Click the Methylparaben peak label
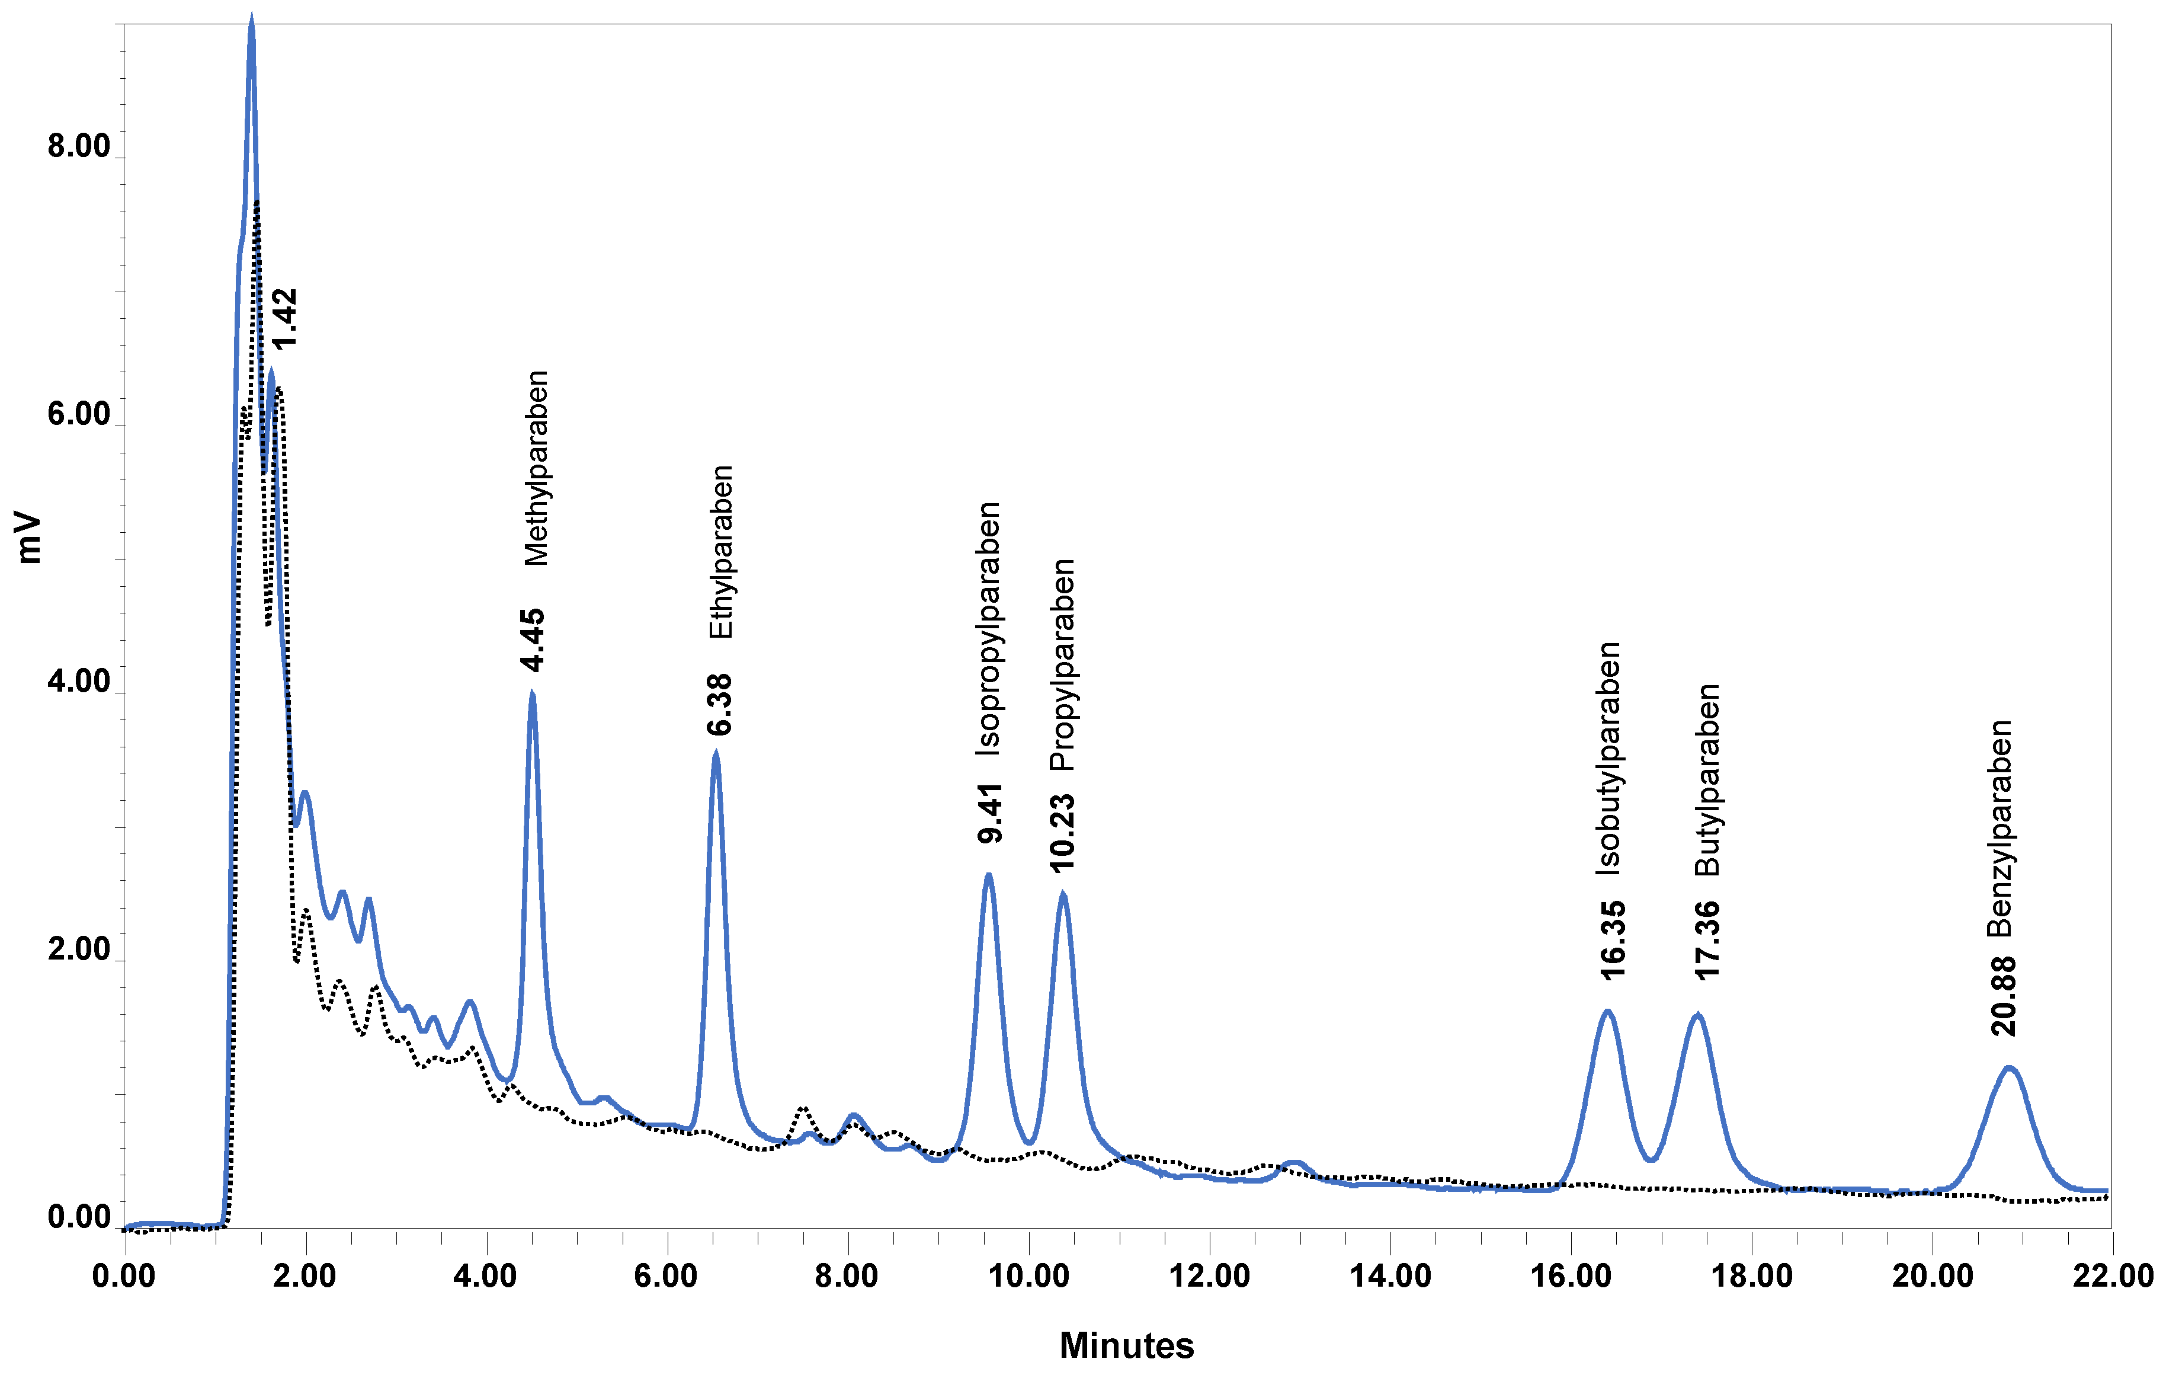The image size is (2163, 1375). pos(536,468)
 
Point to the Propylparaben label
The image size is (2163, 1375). pos(1063,665)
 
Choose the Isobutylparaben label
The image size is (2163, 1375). pos(1608,759)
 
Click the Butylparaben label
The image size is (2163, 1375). pos(1707,780)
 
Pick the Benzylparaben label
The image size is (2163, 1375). pos(1999,829)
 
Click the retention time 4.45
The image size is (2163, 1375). pos(533,640)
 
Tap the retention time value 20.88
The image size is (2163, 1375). pos(2003,997)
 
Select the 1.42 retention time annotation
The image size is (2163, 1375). pos(284,319)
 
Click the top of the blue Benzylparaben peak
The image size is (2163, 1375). pos(2008,1067)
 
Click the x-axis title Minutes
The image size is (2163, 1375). pos(1126,1345)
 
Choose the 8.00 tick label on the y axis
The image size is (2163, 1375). pos(78,146)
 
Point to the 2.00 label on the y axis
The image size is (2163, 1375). pos(78,949)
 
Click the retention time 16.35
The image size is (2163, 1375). pos(1613,939)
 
